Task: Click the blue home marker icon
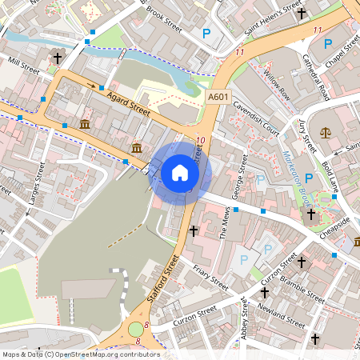(x=180, y=172)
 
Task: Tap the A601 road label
(x=218, y=97)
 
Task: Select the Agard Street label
(x=128, y=105)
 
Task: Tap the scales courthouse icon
(x=326, y=133)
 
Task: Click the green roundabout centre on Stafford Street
(x=136, y=329)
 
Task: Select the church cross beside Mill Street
(x=57, y=58)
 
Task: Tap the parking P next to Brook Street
(x=206, y=34)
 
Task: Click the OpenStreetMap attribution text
(x=80, y=354)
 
